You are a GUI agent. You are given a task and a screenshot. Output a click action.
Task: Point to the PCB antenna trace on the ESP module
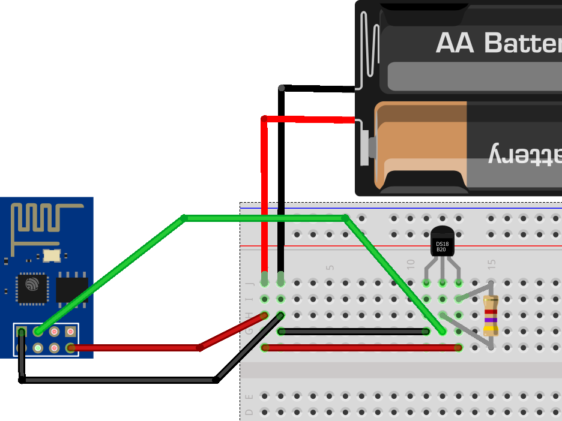pos(45,216)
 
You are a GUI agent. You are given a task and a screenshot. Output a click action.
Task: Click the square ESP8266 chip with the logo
pos(31,288)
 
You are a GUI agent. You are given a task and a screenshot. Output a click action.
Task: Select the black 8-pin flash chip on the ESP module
pos(71,289)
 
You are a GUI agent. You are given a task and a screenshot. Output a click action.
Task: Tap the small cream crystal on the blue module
pos(52,255)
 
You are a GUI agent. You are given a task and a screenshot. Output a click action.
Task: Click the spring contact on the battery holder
pos(369,42)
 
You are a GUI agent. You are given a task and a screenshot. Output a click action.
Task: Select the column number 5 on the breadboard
pos(330,267)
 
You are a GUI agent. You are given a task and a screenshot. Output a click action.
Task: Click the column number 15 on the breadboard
pos(492,264)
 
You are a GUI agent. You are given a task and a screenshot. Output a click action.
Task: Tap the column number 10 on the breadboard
pos(411,264)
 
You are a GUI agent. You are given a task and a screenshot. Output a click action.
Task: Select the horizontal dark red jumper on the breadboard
pos(360,347)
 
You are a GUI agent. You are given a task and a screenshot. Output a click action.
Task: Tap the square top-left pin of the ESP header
pos(22,332)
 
